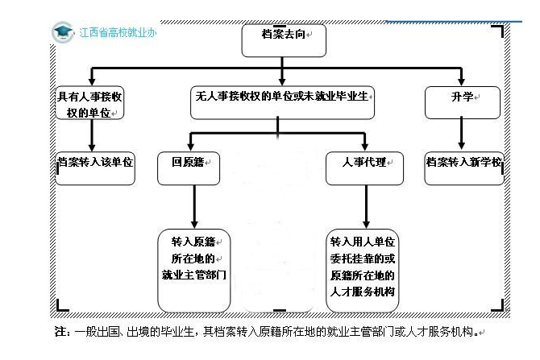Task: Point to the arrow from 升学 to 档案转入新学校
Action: coord(463,134)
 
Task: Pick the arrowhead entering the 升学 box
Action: coord(463,81)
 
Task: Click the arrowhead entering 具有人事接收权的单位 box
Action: coord(92,81)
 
